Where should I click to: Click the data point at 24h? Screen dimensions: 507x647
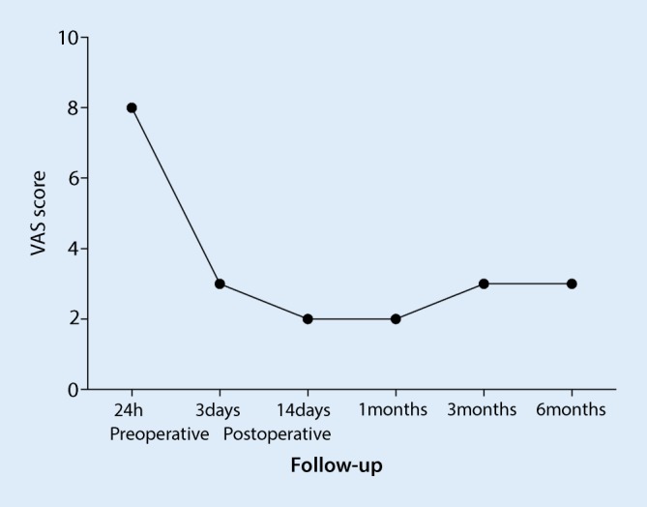[x=132, y=107]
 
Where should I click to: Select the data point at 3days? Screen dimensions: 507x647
[x=220, y=283]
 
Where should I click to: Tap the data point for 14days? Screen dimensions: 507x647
[x=308, y=318]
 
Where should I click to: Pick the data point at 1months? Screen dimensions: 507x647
[x=396, y=318]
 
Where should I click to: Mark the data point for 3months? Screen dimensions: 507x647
[x=484, y=283]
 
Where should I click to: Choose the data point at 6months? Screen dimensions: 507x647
[x=572, y=283]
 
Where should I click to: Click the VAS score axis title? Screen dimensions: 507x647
[x=36, y=214]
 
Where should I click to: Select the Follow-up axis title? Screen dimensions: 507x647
[x=336, y=466]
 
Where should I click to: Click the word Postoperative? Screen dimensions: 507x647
[x=277, y=432]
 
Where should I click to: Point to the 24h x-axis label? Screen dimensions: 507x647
[x=132, y=410]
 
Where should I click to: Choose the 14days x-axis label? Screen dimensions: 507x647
[x=308, y=410]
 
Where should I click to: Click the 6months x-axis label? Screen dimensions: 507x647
[x=572, y=410]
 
